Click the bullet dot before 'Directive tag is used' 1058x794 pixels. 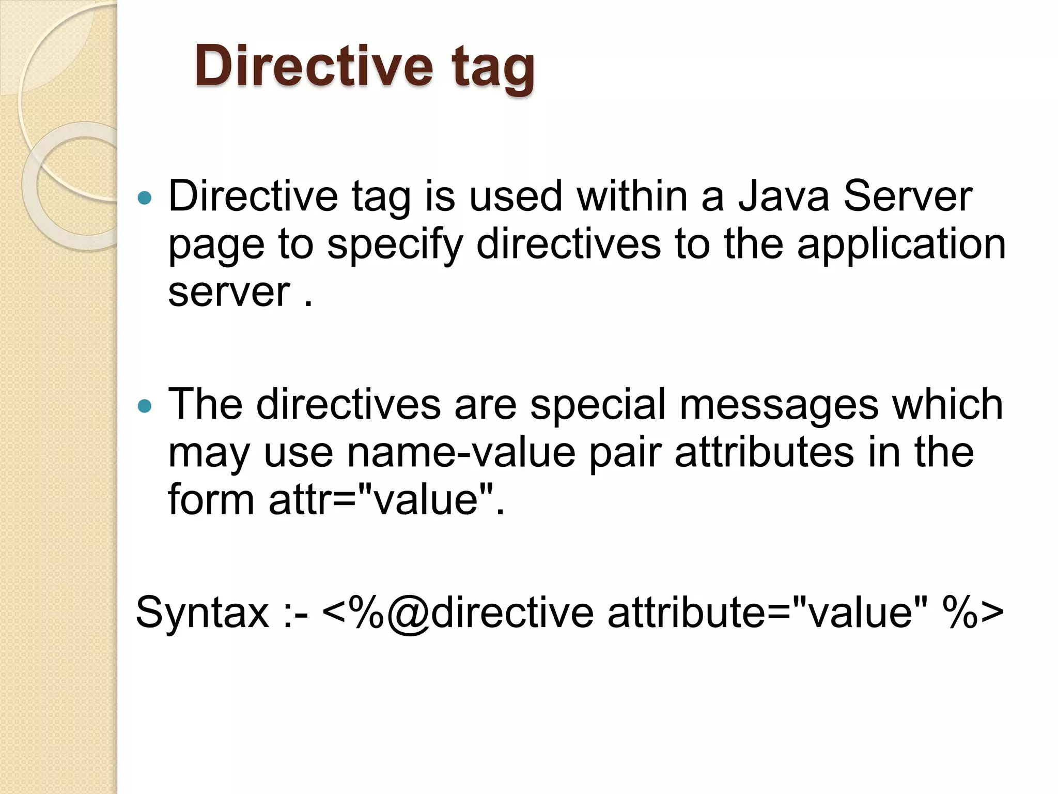click(146, 197)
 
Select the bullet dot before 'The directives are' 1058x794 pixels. click(146, 406)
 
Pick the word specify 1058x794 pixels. click(395, 245)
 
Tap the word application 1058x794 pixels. click(901, 245)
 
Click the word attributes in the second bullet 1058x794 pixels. click(764, 453)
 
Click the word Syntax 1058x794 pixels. click(202, 613)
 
